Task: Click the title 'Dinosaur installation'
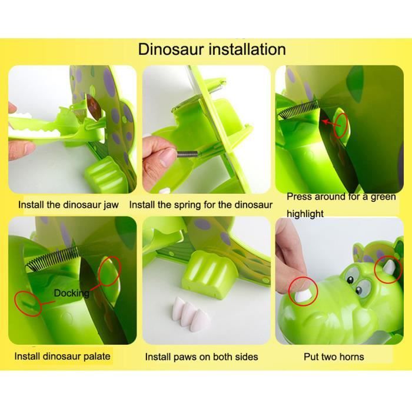[212, 49]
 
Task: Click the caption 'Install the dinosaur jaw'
[68, 205]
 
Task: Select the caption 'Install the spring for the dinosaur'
[201, 205]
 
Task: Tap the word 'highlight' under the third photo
[305, 214]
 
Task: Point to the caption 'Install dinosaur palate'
[62, 356]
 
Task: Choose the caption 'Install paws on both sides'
[201, 357]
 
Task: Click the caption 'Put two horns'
[334, 357]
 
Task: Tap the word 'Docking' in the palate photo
[71, 293]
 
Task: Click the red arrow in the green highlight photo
[331, 124]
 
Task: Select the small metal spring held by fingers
[187, 154]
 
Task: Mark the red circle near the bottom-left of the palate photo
[28, 304]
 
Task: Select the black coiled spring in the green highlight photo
[299, 109]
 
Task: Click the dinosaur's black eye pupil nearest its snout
[358, 290]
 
